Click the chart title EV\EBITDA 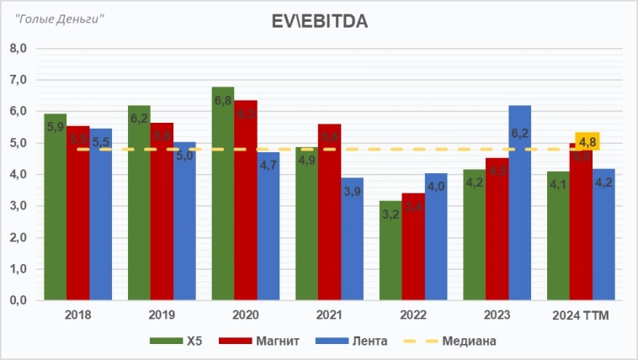[x=319, y=20]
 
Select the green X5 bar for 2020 [x=223, y=193]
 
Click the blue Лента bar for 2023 [x=519, y=203]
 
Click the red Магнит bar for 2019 [x=162, y=211]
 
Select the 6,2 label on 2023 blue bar [x=519, y=133]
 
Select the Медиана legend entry [x=451, y=341]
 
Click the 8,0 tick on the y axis [x=19, y=49]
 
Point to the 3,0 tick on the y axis [x=19, y=206]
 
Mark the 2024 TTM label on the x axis [x=581, y=315]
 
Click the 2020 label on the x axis [x=245, y=315]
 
